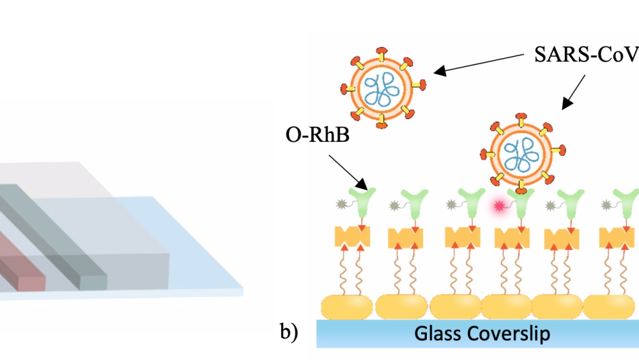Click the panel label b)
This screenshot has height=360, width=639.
[289, 333]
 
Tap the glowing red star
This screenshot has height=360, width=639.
[497, 206]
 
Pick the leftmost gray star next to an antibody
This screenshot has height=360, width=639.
[341, 205]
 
